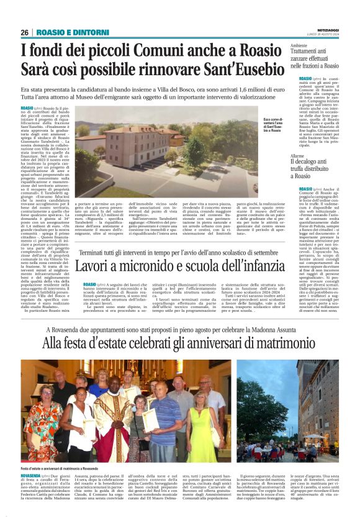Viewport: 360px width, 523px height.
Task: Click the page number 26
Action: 25,32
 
